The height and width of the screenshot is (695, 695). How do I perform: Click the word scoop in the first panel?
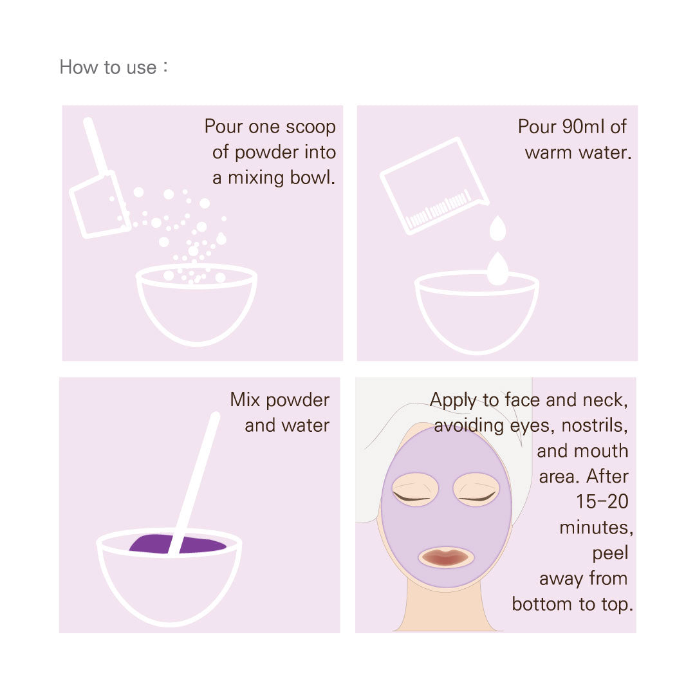310,127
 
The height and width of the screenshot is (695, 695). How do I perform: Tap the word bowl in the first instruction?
313,178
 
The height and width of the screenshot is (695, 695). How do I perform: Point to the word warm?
549,153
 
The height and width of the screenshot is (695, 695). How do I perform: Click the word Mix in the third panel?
245,400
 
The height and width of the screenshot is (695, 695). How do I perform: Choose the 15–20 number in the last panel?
602,501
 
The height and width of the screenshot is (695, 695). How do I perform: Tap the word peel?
610,553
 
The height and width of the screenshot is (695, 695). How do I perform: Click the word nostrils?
595,425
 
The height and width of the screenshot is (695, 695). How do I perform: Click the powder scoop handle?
96,146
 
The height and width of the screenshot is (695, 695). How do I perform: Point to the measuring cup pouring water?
434,186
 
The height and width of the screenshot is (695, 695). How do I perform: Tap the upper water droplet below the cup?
497,228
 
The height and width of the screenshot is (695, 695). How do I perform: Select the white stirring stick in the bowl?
194,483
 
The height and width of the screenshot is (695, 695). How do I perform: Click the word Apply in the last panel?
454,400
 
